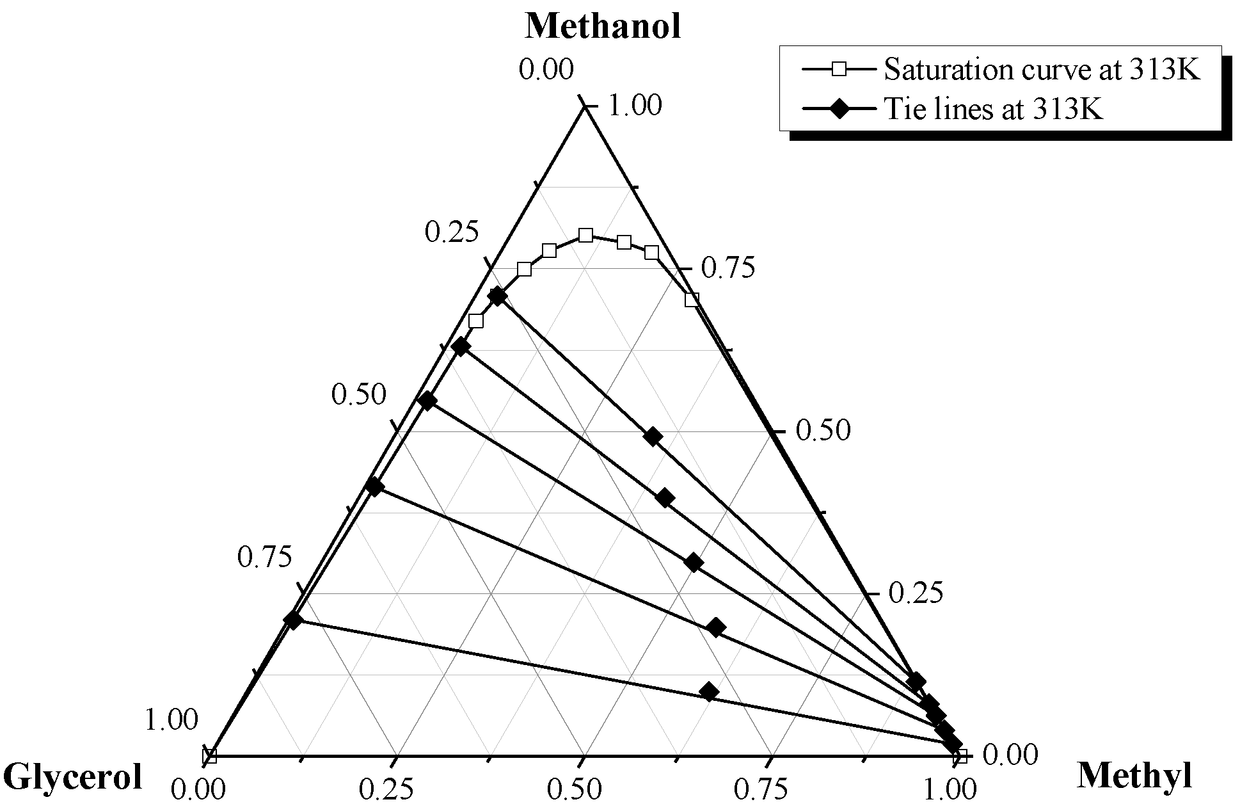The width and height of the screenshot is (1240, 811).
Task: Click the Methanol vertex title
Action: pos(603,27)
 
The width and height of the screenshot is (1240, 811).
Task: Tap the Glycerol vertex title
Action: pos(72,777)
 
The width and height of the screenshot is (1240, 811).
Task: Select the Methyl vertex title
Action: pos(1134,776)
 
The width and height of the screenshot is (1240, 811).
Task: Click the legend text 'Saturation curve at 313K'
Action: pos(1042,70)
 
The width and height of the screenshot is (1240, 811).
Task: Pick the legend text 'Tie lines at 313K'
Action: pos(993,109)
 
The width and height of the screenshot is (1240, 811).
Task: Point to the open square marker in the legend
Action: pos(838,70)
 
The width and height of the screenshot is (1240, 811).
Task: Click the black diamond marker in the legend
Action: pos(838,109)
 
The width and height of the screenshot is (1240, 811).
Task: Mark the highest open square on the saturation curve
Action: pos(585,235)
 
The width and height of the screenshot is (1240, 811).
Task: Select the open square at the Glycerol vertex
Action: pos(210,756)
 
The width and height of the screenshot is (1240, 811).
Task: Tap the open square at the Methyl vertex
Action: pos(960,756)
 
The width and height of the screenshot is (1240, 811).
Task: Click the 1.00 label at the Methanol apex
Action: pos(634,106)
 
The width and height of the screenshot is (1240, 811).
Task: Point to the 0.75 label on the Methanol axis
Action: pos(727,268)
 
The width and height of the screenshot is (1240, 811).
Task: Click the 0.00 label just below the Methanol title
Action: pos(546,70)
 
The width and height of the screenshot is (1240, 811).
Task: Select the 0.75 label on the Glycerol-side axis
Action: pos(264,558)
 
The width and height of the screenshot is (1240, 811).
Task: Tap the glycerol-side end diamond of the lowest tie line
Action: pos(293,620)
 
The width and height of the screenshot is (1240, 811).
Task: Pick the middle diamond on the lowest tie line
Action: pos(709,691)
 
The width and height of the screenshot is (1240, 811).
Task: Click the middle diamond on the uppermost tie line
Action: pos(653,437)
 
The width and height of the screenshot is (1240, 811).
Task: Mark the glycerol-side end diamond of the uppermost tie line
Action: pos(497,296)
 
